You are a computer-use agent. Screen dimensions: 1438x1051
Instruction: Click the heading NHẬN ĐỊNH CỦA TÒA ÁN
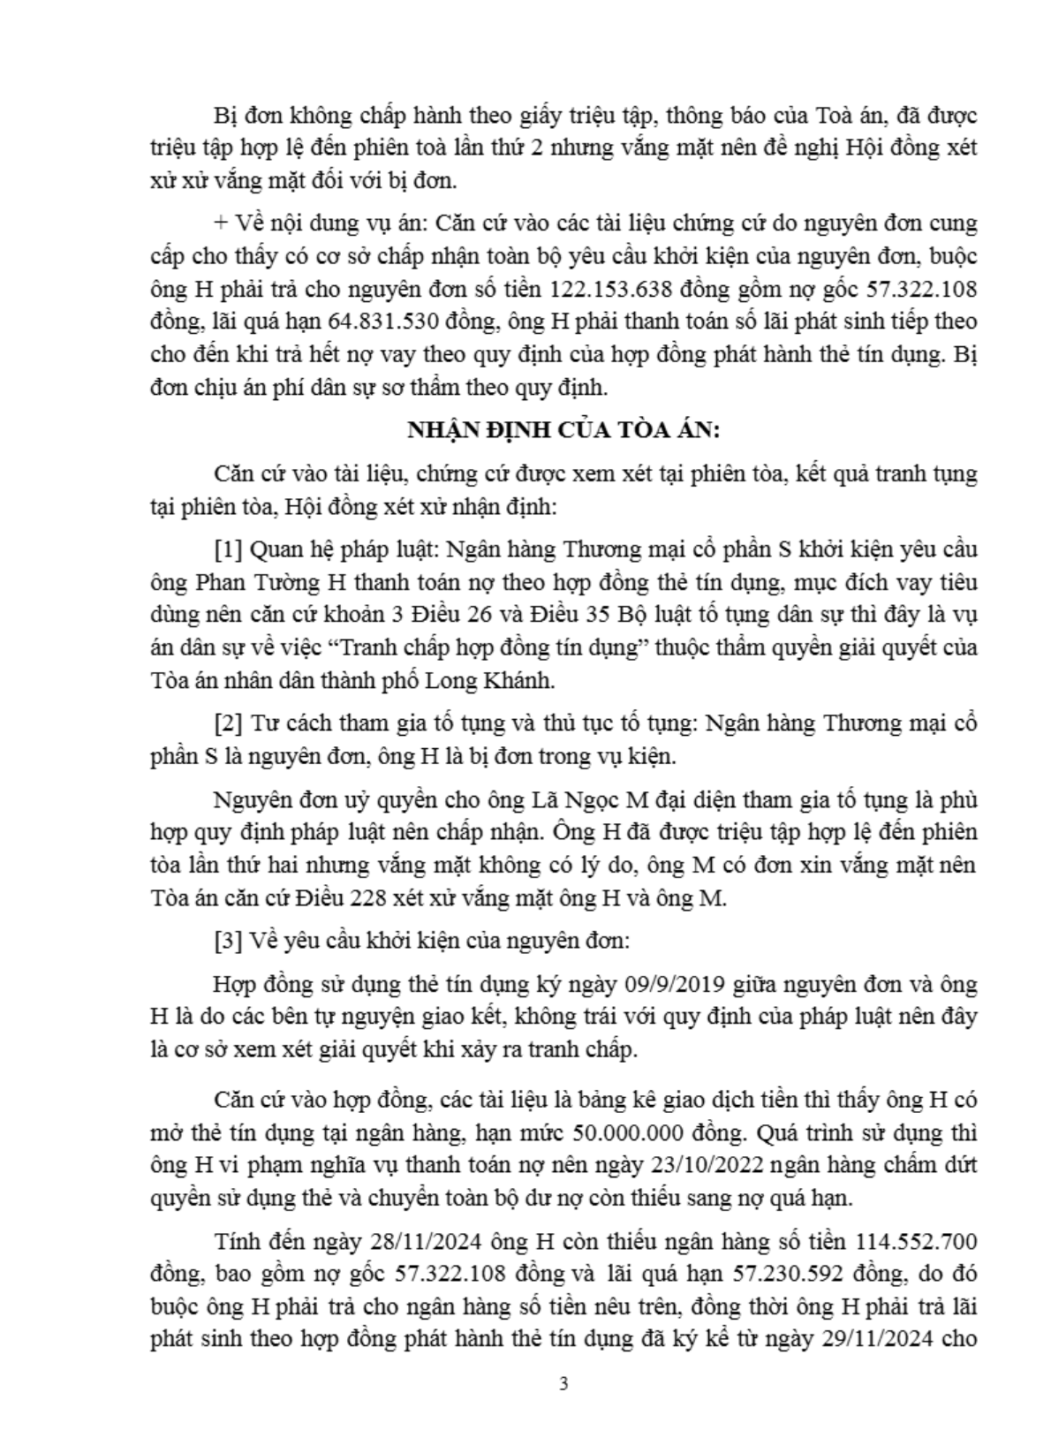563,430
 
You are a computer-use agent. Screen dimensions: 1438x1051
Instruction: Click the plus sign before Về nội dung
220,223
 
